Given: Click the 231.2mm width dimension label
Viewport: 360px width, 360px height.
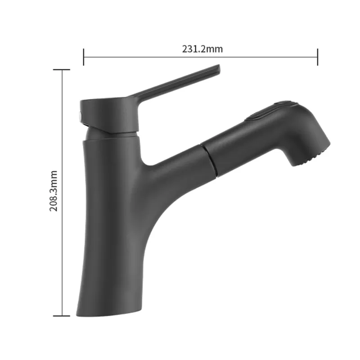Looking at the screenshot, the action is click(202, 49).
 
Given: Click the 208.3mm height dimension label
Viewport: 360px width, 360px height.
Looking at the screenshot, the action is click(54, 191).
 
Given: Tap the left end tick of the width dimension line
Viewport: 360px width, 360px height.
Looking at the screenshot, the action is click(84, 57).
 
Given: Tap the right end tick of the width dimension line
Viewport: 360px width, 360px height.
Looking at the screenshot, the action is click(318, 57).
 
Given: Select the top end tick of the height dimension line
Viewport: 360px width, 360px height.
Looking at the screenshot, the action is click(62, 70).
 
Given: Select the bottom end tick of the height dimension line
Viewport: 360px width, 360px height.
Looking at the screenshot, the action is click(62, 316).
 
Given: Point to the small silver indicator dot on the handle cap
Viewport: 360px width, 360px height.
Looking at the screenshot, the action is click(80, 116).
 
